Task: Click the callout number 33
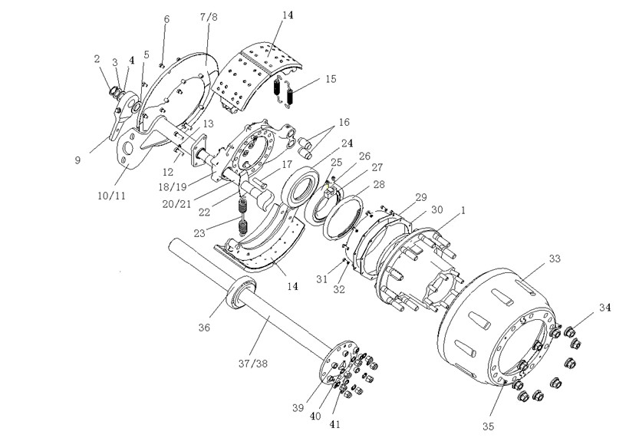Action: pyautogui.click(x=555, y=259)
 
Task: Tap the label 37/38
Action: pyautogui.click(x=253, y=363)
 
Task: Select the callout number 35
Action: pyautogui.click(x=488, y=427)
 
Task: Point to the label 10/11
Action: pyautogui.click(x=112, y=196)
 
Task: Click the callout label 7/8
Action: pyautogui.click(x=209, y=17)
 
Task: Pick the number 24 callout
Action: pyautogui.click(x=347, y=143)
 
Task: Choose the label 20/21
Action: pyautogui.click(x=176, y=203)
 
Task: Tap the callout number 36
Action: pyautogui.click(x=204, y=327)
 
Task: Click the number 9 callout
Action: pyautogui.click(x=77, y=160)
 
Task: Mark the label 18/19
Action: pyautogui.click(x=173, y=186)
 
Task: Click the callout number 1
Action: pyautogui.click(x=463, y=210)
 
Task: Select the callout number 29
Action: pyautogui.click(x=420, y=197)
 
